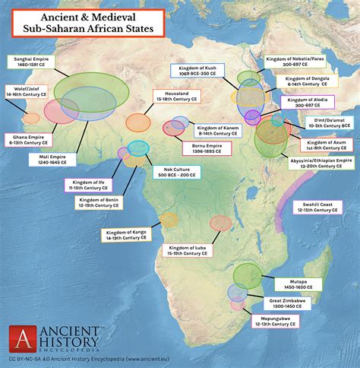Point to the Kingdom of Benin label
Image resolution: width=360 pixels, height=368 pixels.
99,203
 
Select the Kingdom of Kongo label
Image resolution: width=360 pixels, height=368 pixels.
125,236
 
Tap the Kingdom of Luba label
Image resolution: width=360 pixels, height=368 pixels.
185,249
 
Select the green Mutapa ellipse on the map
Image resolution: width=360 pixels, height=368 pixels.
247,274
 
